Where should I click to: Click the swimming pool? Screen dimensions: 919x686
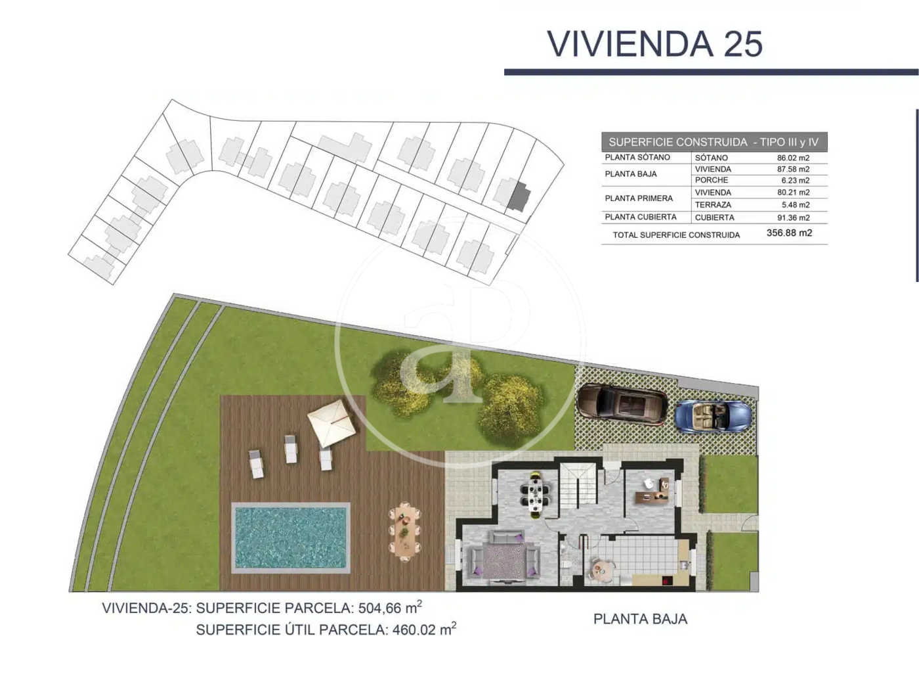(291, 537)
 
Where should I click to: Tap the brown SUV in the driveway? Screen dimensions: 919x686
(623, 403)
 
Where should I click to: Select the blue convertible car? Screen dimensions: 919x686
(713, 416)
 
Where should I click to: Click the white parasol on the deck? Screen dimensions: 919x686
(331, 423)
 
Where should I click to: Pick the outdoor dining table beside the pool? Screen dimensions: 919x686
(405, 532)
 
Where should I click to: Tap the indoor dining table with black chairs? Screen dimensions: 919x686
(535, 495)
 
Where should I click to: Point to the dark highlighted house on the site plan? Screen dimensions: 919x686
(519, 196)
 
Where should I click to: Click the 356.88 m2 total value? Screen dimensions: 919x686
(789, 233)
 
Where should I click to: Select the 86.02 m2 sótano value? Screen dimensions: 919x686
(793, 158)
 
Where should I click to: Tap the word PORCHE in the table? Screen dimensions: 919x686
(712, 180)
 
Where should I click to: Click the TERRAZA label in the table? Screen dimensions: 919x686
(713, 205)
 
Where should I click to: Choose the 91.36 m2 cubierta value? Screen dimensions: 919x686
(793, 217)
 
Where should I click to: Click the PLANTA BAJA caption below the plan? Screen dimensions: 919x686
(640, 619)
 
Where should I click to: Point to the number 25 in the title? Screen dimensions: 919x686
(742, 44)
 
